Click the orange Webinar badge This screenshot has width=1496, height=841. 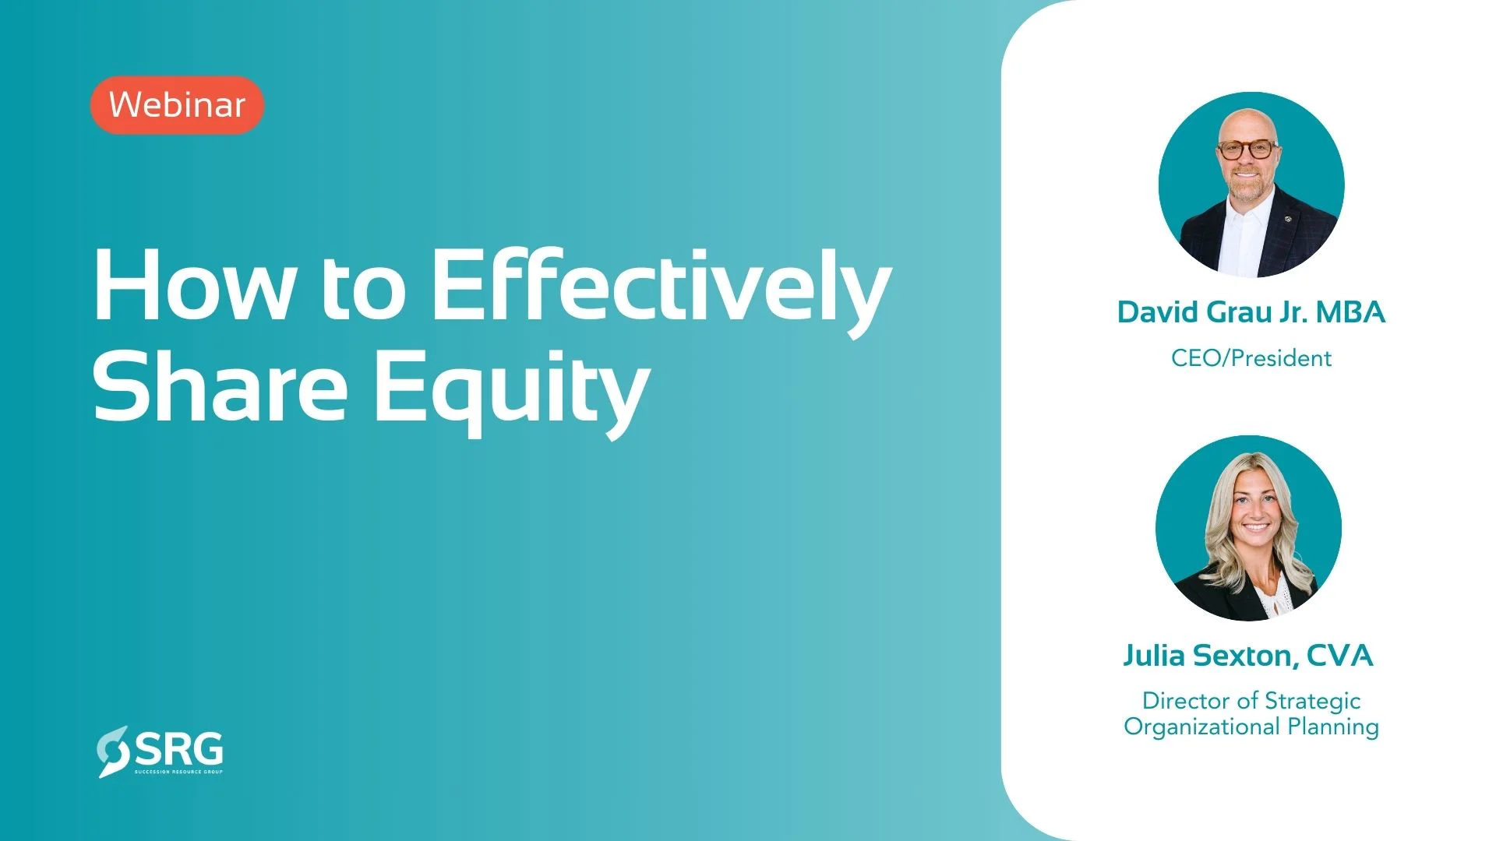pos(178,105)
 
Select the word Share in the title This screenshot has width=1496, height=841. pos(220,385)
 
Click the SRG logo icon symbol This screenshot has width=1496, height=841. pos(114,751)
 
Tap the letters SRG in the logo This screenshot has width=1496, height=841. pos(179,748)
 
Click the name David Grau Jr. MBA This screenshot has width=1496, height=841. pos(1251,313)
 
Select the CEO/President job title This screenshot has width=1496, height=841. pos(1251,358)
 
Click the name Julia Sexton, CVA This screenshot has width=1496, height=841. pos(1248,656)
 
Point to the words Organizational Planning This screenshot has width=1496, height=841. pos(1251,727)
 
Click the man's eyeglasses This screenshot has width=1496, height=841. pos(1247,149)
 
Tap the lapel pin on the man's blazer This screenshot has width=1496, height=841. pos(1289,220)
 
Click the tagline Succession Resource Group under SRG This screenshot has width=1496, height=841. pos(179,772)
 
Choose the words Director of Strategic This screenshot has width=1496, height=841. pos(1251,701)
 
